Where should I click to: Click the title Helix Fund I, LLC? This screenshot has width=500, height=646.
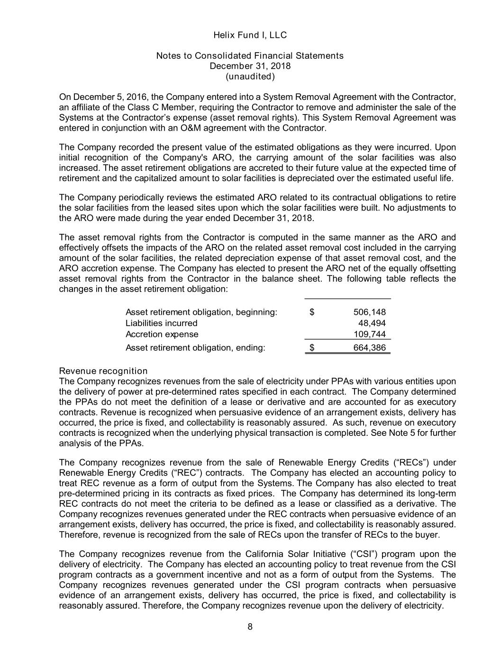click(250, 35)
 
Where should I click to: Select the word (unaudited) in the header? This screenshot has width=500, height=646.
click(250, 76)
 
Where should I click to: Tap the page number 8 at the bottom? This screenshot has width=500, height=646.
click(250, 628)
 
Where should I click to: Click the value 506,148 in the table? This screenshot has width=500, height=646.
click(370, 312)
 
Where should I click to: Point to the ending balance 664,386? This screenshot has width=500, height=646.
click(370, 348)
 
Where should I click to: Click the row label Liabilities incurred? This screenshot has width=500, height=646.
click(161, 323)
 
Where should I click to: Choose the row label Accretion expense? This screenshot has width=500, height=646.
click(162, 334)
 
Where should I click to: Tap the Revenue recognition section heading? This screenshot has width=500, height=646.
click(103, 371)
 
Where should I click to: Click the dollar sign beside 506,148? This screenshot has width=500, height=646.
click(312, 312)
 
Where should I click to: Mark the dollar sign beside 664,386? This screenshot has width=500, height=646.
click(312, 348)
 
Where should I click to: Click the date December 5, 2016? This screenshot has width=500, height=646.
click(108, 98)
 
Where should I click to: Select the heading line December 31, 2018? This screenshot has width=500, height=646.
click(250, 66)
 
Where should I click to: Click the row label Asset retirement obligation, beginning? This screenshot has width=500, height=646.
click(201, 312)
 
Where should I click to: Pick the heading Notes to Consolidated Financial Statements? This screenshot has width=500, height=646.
click(250, 56)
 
